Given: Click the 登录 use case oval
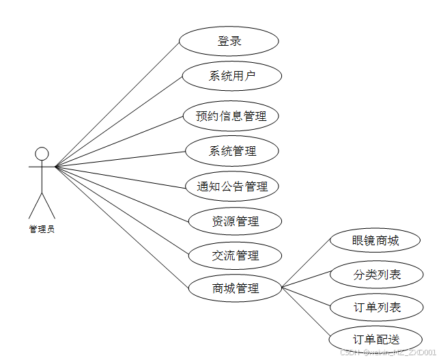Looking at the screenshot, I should (229, 41).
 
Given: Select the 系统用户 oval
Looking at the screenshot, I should (232, 75).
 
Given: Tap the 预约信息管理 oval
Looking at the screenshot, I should (231, 115).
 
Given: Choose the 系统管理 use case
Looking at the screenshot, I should (232, 151).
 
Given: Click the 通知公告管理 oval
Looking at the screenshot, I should (232, 186).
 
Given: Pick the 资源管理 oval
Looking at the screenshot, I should (236, 221).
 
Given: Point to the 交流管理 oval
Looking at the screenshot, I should (236, 255).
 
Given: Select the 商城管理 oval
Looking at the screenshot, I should (236, 288).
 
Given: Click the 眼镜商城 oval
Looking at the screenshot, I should (375, 240).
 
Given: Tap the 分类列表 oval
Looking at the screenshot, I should (377, 275).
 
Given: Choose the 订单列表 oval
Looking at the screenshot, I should (377, 307).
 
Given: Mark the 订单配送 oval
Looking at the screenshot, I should (376, 339).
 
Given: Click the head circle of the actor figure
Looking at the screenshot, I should (42, 153).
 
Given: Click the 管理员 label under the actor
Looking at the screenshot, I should (42, 230).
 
